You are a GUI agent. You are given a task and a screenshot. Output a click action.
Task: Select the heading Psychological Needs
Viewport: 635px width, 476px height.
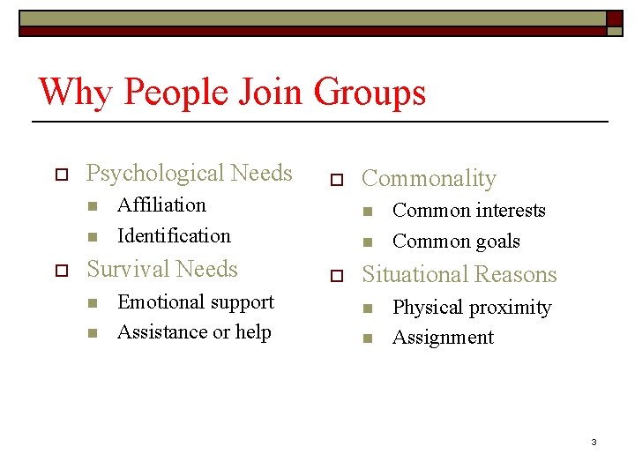click(189, 173)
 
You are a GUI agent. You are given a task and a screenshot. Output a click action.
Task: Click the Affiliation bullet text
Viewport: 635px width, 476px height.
click(161, 205)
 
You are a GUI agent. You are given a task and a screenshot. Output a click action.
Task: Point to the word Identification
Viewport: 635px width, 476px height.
click(174, 235)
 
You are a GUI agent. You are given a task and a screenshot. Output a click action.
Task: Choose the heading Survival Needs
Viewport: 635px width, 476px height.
click(162, 269)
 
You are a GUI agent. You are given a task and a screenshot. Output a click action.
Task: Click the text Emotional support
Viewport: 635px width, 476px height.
click(195, 301)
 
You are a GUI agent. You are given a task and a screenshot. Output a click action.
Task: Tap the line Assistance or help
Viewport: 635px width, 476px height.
click(194, 331)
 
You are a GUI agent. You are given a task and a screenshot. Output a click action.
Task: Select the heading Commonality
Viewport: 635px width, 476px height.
click(429, 178)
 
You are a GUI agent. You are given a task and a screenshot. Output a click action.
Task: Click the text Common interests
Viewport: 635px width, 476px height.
click(468, 210)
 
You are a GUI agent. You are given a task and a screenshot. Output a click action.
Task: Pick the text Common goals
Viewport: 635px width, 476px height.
click(456, 241)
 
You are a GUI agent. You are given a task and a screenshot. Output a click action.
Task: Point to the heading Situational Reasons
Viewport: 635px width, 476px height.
click(459, 274)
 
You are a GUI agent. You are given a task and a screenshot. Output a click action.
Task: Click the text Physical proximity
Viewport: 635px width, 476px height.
click(471, 307)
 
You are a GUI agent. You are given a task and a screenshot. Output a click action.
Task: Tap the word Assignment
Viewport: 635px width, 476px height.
click(443, 337)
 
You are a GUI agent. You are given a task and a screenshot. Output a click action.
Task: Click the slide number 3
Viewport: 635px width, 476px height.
click(594, 442)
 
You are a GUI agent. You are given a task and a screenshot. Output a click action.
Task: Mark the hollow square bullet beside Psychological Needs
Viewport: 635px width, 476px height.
click(61, 174)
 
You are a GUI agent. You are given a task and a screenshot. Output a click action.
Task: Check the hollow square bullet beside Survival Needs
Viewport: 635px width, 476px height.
click(61, 270)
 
